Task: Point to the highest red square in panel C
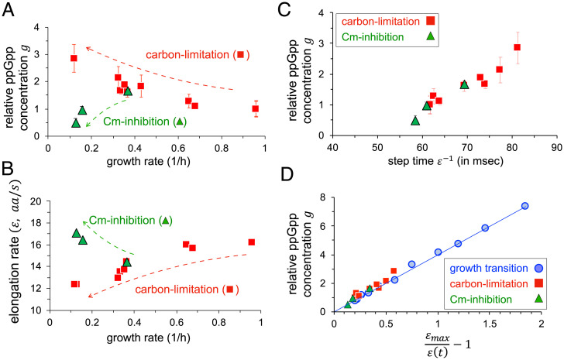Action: click(x=517, y=47)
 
